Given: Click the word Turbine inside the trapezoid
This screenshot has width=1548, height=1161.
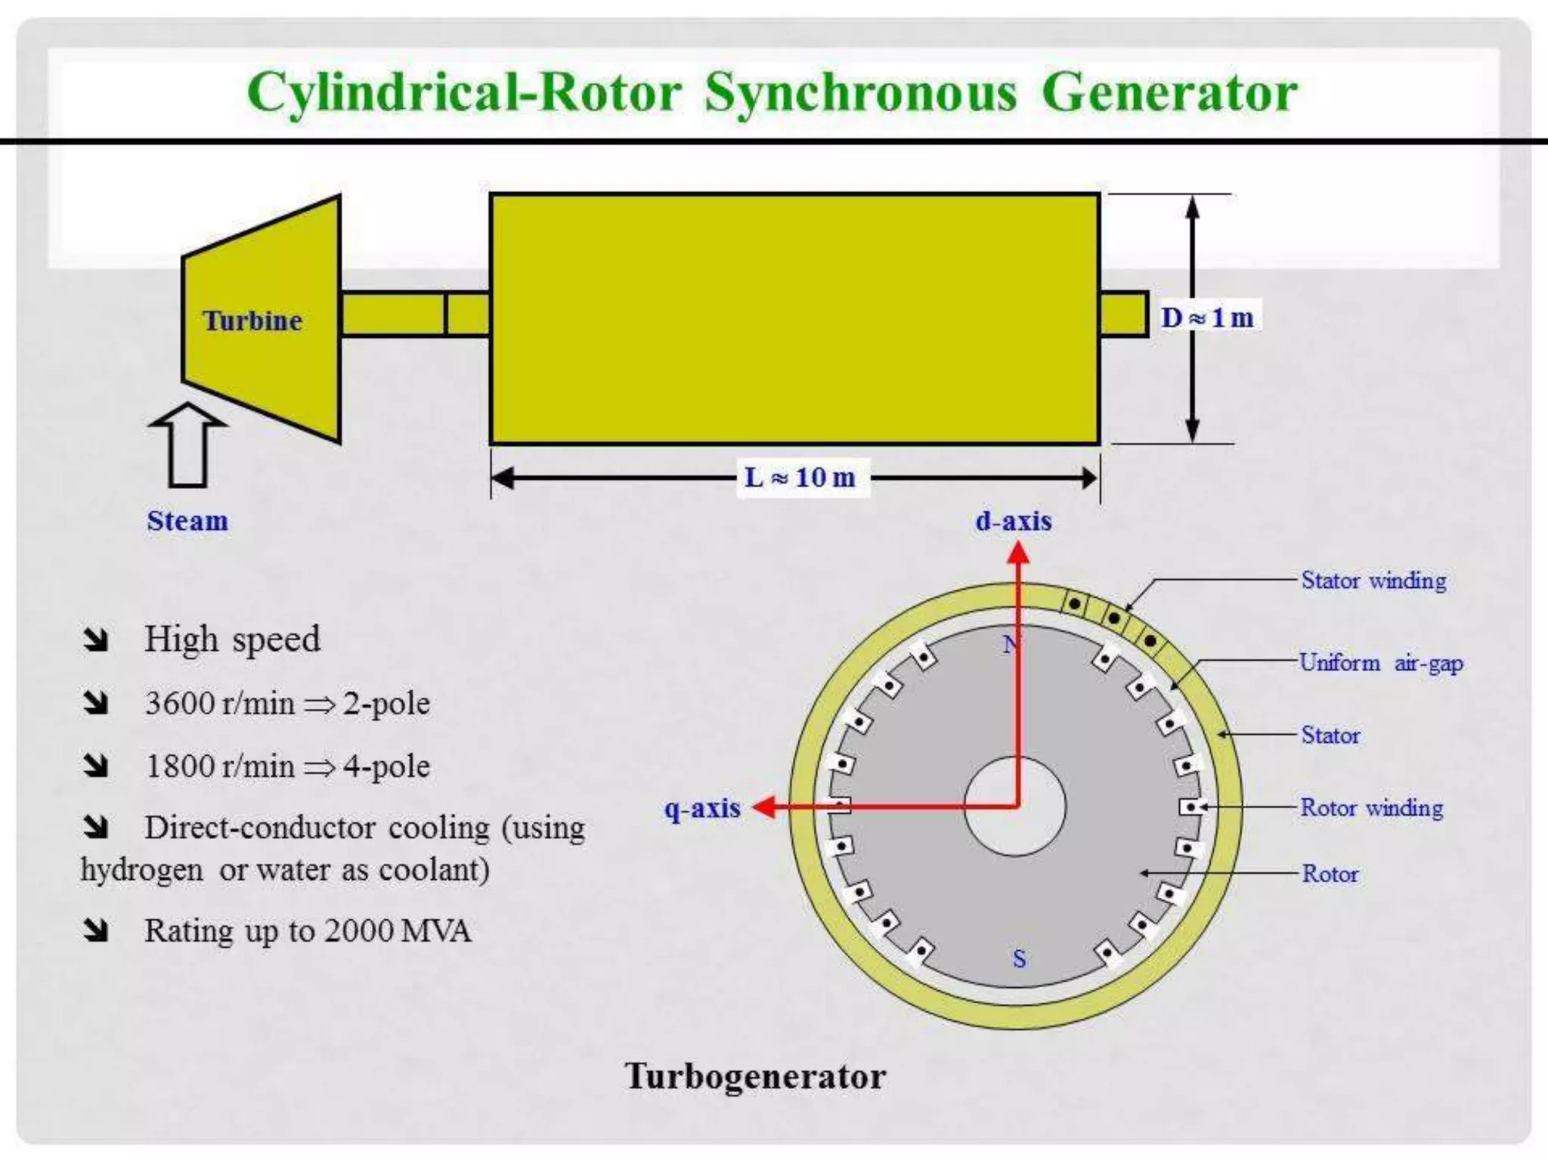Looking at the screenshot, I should (x=252, y=320).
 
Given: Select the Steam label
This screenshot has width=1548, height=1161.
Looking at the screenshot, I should (x=187, y=521).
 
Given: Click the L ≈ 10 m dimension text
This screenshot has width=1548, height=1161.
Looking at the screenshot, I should (x=800, y=477).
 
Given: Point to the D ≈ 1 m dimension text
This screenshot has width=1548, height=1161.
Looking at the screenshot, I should (x=1207, y=317).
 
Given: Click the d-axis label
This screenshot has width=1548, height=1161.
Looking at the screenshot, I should (x=1013, y=521).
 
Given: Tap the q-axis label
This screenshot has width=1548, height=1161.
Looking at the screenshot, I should (x=702, y=808).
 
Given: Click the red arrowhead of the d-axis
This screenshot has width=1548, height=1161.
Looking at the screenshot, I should (x=1018, y=554).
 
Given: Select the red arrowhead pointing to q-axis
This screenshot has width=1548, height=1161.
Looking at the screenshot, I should (x=765, y=807).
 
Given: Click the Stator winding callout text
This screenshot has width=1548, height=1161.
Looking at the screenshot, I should (x=1373, y=580).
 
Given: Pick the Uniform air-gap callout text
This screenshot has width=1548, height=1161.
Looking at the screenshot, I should (x=1381, y=663).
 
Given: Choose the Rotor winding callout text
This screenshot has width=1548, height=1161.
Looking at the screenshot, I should (x=1371, y=807).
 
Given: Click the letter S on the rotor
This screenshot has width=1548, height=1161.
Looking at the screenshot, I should (x=1019, y=959).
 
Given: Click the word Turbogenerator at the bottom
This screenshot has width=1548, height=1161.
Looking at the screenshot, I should (x=754, y=1076).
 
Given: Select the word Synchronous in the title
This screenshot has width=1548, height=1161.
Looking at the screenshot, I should (x=861, y=94).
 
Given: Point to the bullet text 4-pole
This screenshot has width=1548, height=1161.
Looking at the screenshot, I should (x=386, y=766).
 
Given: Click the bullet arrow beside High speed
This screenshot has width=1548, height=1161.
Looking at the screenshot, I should (x=96, y=640).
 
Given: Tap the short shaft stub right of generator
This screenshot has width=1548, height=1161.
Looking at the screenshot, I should (x=1123, y=314).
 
